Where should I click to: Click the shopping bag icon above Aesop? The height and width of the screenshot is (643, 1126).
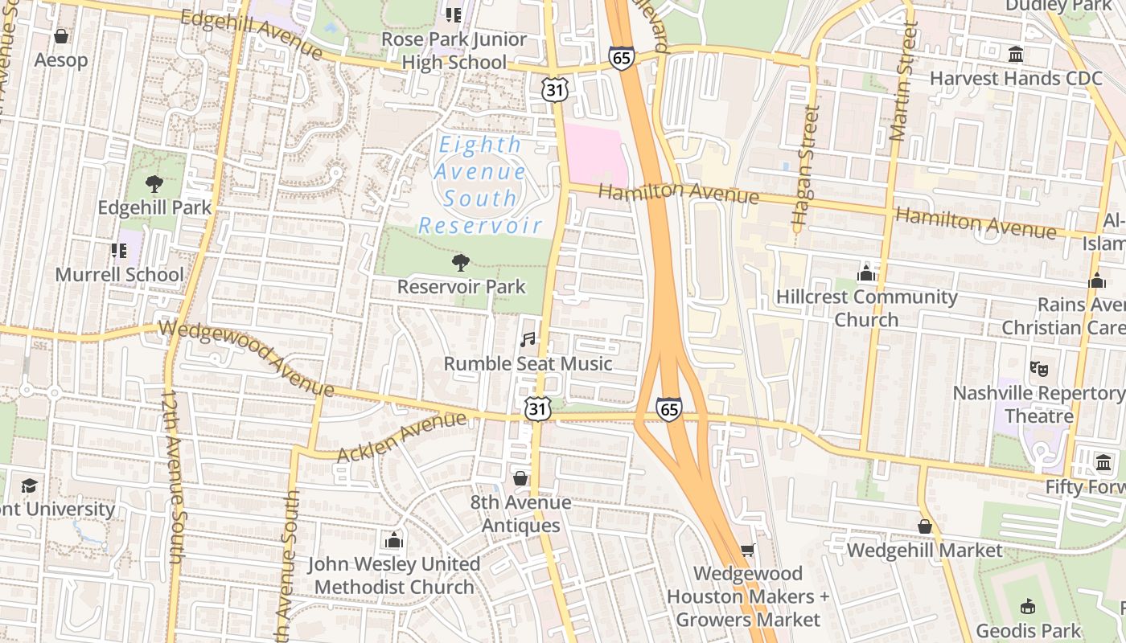click(x=60, y=36)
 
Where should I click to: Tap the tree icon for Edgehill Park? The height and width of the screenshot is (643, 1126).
click(x=154, y=184)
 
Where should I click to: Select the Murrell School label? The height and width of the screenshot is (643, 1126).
click(x=119, y=275)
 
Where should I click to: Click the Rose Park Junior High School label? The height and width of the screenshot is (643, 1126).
click(x=454, y=51)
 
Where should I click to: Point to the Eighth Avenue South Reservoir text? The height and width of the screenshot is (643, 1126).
click(x=479, y=185)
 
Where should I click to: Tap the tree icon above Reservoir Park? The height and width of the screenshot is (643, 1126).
click(x=461, y=263)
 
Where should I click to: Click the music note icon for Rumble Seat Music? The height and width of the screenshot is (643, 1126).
click(x=528, y=340)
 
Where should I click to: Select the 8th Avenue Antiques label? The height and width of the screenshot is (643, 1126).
click(x=520, y=514)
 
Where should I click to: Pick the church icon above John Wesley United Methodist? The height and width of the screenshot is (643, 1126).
click(x=393, y=541)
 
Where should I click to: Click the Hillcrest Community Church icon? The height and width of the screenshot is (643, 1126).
click(x=866, y=273)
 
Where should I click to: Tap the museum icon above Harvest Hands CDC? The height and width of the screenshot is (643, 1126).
click(x=1016, y=55)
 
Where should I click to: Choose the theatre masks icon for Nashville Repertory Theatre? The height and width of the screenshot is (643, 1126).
click(x=1039, y=369)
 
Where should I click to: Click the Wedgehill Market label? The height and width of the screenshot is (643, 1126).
click(x=924, y=551)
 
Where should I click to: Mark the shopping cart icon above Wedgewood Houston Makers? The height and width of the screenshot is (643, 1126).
click(x=747, y=550)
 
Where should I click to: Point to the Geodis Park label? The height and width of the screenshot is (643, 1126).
click(x=1028, y=630)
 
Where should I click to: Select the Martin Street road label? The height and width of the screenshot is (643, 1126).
click(x=904, y=81)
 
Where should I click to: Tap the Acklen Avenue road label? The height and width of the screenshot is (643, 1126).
click(x=401, y=436)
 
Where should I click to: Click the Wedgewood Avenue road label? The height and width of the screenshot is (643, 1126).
click(x=246, y=358)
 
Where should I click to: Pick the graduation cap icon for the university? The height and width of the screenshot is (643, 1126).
click(x=30, y=485)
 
